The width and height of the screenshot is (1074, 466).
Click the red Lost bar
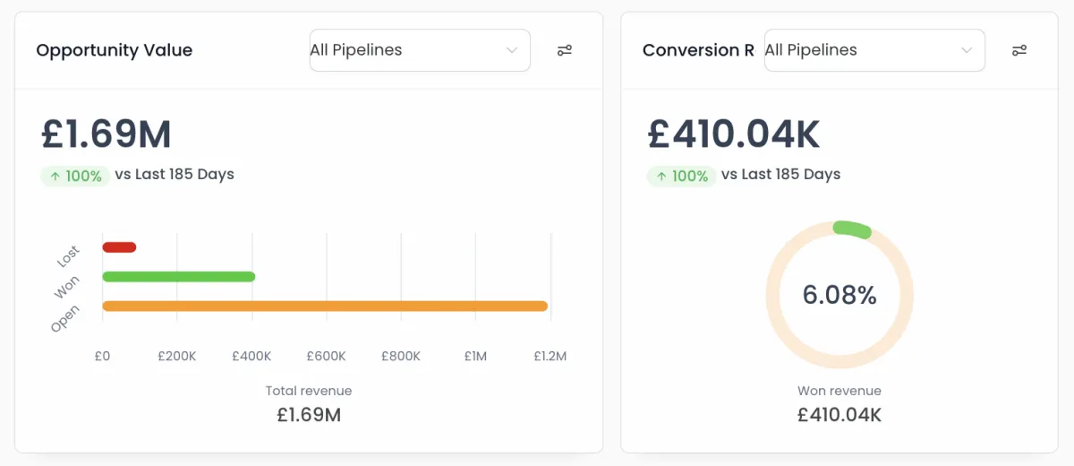pyautogui.click(x=119, y=247)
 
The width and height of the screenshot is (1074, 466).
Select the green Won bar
pyautogui.click(x=179, y=277)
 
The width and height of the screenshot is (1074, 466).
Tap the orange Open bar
pyautogui.click(x=325, y=306)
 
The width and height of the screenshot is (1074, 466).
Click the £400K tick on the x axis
pyautogui.click(x=251, y=356)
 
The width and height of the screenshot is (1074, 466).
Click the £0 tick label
pyautogui.click(x=102, y=356)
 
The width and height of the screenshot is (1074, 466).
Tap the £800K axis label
pyautogui.click(x=400, y=356)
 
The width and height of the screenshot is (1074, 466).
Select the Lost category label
pyautogui.click(x=68, y=256)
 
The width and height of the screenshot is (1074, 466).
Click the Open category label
pyautogui.click(x=65, y=318)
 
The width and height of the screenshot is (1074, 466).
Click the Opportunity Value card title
pyautogui.click(x=114, y=50)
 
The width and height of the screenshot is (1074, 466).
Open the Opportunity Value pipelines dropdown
pyautogui.click(x=419, y=50)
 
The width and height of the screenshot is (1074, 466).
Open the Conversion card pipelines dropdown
pyautogui.click(x=874, y=50)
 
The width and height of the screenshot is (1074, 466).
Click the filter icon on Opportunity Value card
pyautogui.click(x=564, y=50)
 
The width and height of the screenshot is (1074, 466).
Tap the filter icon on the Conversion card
pyautogui.click(x=1019, y=50)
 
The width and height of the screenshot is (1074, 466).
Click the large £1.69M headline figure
pyautogui.click(x=107, y=134)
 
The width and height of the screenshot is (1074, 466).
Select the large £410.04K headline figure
pyautogui.click(x=734, y=134)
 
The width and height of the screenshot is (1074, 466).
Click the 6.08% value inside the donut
pyautogui.click(x=840, y=295)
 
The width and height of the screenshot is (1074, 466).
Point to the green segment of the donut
pyautogui.click(x=852, y=229)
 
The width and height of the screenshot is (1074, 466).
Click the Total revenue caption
pyautogui.click(x=309, y=391)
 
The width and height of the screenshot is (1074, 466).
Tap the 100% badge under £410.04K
pyautogui.click(x=681, y=176)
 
